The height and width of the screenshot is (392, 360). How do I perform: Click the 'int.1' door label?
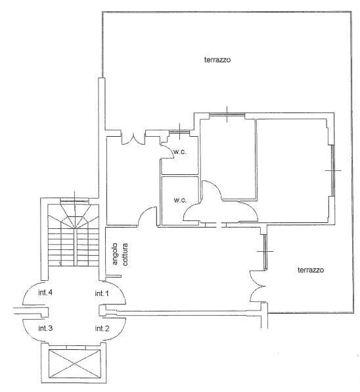pyautogui.click(x=102, y=293)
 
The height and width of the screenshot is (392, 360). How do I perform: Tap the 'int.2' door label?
pyautogui.click(x=102, y=328)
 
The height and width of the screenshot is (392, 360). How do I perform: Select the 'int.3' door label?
pyautogui.click(x=45, y=328)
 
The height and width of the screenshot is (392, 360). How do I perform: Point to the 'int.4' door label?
pyautogui.click(x=45, y=293)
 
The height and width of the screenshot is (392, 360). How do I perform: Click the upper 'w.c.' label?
pyautogui.click(x=180, y=152)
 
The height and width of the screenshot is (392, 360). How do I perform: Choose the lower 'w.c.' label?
pyautogui.click(x=180, y=200)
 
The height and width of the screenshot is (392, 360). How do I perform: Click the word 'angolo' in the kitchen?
pyautogui.click(x=115, y=254)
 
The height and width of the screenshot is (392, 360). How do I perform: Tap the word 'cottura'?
pyautogui.click(x=125, y=255)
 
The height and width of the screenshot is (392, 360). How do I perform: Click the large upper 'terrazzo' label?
pyautogui.click(x=217, y=60)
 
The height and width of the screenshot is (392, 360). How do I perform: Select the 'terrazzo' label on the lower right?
pyautogui.click(x=311, y=270)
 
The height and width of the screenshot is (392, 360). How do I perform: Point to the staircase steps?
pyautogui.click(x=74, y=235)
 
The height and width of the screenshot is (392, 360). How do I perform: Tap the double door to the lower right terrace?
pyautogui.click(x=258, y=286)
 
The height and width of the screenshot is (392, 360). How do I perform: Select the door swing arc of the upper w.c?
pyautogui.click(x=168, y=151)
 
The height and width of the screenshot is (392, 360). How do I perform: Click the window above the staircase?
pyautogui.click(x=74, y=200)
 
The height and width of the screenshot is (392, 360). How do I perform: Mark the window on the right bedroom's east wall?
pyautogui.click(x=332, y=170)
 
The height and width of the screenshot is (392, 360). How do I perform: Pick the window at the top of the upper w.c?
pyautogui.click(x=179, y=132)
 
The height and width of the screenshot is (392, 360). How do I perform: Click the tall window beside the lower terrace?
pyautogui.click(x=265, y=251)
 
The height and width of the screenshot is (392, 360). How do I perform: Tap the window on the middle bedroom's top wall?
pyautogui.click(x=227, y=114)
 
